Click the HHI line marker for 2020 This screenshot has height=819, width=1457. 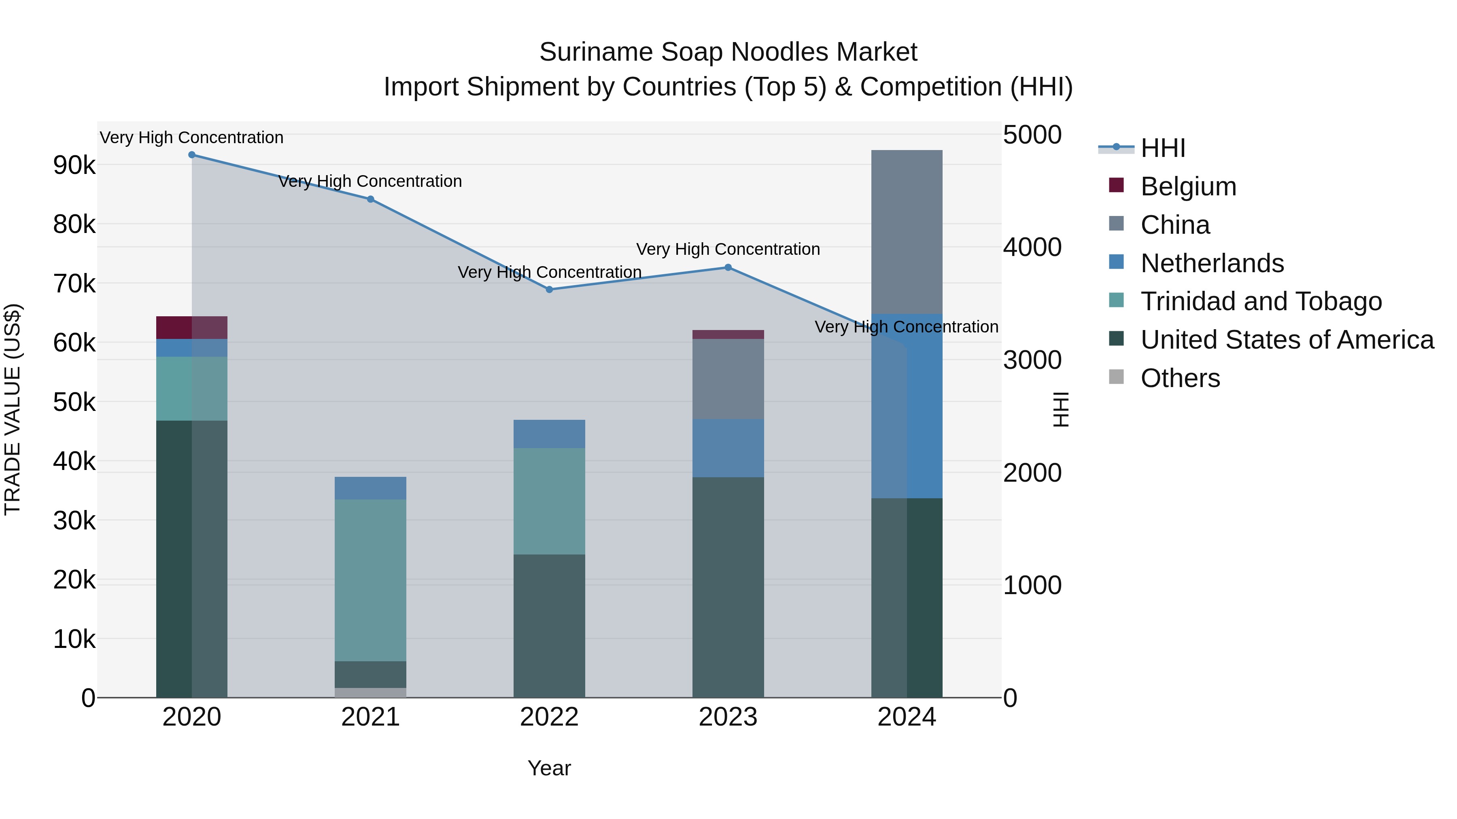coord(192,155)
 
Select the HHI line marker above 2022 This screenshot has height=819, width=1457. coord(549,290)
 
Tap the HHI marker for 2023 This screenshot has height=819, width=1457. coord(728,267)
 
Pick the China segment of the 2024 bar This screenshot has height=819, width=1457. coord(907,232)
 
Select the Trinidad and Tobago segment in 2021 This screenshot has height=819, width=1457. coord(370,580)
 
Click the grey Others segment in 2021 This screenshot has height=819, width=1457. coord(370,692)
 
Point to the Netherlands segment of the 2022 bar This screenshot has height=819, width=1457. coord(549,434)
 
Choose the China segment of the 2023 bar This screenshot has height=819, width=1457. coord(728,379)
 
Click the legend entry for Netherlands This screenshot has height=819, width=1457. coord(1211,263)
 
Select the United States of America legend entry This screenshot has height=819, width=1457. coord(1287,340)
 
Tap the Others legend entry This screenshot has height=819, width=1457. coord(1180,378)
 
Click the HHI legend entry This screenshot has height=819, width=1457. coord(1162,148)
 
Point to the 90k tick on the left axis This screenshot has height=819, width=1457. coord(74,165)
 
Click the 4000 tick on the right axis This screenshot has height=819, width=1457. coord(1032,248)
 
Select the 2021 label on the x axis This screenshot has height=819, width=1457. coord(370,717)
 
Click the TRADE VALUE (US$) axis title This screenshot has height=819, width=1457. coord(13,409)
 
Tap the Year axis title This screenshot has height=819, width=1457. coord(549,768)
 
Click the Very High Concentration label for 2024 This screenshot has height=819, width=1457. coord(906,327)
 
